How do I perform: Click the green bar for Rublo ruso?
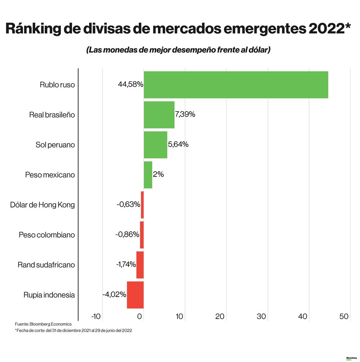[x=236, y=85]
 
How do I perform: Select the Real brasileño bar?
[x=159, y=115]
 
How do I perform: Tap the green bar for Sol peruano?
[x=156, y=145]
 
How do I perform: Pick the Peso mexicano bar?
[x=148, y=175]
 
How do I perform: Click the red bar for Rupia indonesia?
[x=135, y=295]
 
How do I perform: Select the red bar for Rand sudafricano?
[x=140, y=265]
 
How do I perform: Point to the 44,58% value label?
[x=130, y=85]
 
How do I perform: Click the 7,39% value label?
[x=185, y=114]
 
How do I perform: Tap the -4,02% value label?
[x=114, y=294]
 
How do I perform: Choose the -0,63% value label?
[x=128, y=204]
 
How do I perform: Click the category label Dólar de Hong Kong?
[x=43, y=205]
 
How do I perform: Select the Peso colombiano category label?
[x=47, y=235]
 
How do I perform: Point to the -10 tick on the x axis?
[x=96, y=316]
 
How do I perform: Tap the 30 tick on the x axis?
[x=261, y=316]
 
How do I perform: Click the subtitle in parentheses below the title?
[x=178, y=50]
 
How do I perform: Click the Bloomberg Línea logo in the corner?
[x=351, y=358]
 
